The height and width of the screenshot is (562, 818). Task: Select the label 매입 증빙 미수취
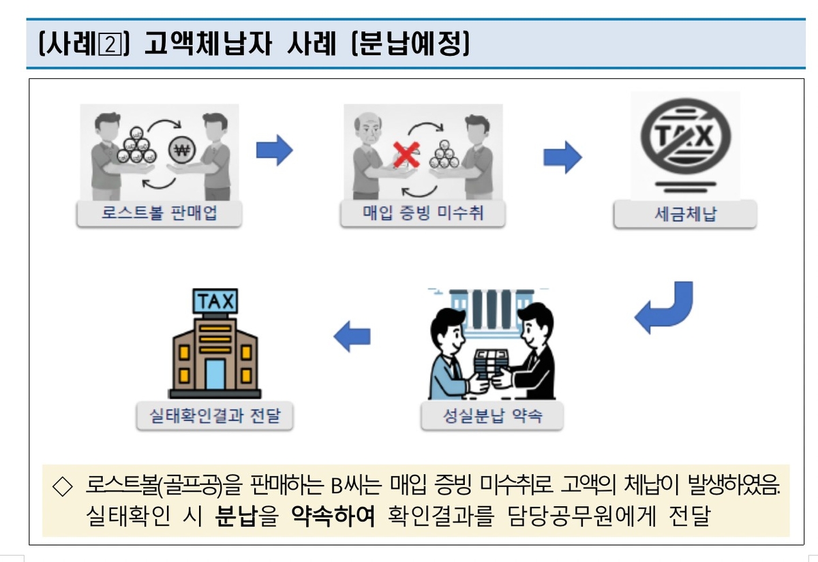point(423,214)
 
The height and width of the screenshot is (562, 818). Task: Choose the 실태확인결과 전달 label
point(215,416)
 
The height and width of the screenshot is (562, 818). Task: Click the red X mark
point(406,156)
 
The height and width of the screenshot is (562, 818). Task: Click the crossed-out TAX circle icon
point(684,136)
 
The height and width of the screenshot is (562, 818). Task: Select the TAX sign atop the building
point(215,300)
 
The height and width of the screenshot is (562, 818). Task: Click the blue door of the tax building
point(215,374)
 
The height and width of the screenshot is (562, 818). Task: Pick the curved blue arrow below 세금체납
point(665,307)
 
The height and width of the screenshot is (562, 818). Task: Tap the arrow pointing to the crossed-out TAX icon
point(562,157)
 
